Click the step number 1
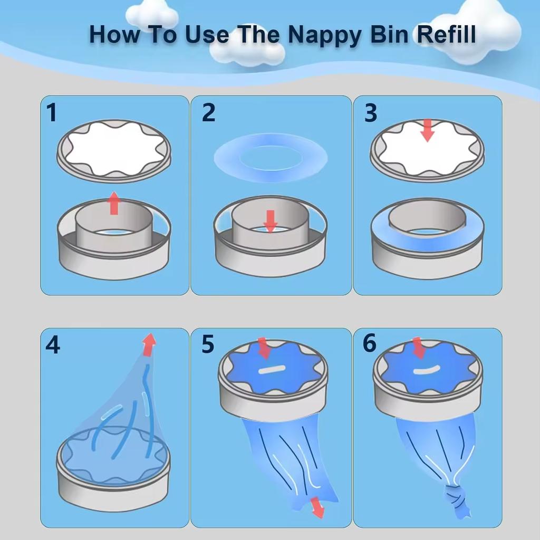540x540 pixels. tap(52, 112)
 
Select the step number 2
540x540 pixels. tap(209, 112)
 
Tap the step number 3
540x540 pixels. tap(371, 112)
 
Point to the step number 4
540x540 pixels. tap(53, 345)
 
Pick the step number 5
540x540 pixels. tap(208, 344)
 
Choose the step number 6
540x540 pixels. tap(370, 343)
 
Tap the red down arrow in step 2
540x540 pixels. tap(271, 221)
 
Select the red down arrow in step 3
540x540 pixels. tap(427, 130)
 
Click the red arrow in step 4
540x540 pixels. tap(150, 344)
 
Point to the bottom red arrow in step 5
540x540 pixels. tap(317, 507)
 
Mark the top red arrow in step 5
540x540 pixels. tap(264, 348)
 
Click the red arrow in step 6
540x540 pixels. tap(419, 348)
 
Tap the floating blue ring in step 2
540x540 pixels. tap(271, 157)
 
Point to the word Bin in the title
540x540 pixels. tap(391, 34)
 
